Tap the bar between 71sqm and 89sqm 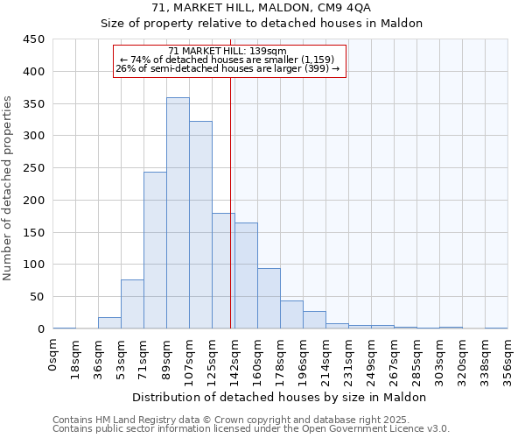pos(155,251)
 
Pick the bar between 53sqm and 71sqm pos(132,304)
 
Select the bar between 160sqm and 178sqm pos(269,299)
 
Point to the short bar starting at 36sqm pos(109,323)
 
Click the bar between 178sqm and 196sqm pos(291,314)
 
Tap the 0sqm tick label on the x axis pos(53,354)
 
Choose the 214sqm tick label pos(326,359)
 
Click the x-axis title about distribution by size pos(280,397)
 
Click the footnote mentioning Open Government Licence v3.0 pos(251,428)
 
